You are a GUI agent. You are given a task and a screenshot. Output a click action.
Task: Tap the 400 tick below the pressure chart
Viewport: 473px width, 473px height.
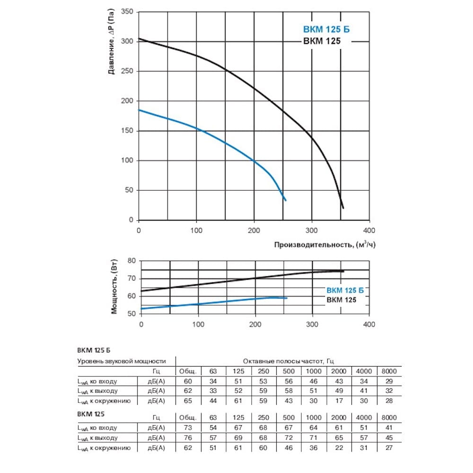(x=368, y=230)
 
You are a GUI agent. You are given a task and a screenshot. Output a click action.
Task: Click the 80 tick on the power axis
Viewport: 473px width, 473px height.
(x=131, y=261)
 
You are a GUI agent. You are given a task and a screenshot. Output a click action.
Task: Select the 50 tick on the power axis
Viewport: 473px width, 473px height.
(x=131, y=314)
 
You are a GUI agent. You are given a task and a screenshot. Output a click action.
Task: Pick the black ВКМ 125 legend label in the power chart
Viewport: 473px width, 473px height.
(x=341, y=300)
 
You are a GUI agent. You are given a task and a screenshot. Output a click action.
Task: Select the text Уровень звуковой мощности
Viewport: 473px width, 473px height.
(x=122, y=361)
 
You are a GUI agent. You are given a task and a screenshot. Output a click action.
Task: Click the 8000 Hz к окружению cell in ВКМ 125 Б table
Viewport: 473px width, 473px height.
(x=389, y=401)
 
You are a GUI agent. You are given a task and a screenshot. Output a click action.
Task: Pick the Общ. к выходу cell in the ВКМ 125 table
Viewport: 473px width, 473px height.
(x=188, y=438)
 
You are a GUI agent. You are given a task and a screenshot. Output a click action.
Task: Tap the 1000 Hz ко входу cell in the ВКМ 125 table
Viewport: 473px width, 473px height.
(x=314, y=428)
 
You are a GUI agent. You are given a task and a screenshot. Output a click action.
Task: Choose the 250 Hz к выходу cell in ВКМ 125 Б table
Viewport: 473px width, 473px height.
(x=263, y=391)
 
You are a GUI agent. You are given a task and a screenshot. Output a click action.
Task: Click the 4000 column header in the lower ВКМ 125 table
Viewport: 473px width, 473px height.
(x=364, y=418)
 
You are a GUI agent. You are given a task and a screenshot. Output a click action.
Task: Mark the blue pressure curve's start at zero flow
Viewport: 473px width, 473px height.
(x=139, y=110)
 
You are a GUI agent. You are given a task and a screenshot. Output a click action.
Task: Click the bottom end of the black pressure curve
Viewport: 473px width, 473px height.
(x=343, y=208)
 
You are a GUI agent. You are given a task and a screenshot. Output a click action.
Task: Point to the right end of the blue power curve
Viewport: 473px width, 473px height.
(x=287, y=298)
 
